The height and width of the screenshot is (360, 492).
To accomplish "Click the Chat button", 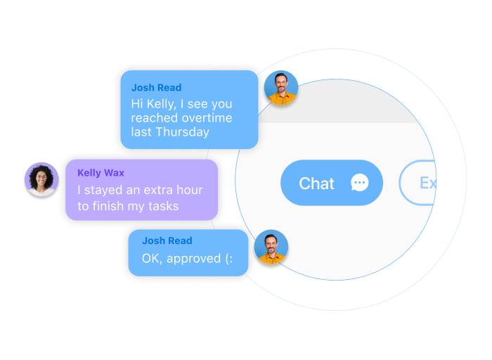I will pos(331,184).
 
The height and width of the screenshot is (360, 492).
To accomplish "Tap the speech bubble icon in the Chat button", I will pos(359,184).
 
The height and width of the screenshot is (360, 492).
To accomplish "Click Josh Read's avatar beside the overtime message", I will pos(280,89).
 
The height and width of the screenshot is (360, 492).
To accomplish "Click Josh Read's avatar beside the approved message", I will pos(271,247).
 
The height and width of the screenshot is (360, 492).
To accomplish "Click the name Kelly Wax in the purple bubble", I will pos(101,173).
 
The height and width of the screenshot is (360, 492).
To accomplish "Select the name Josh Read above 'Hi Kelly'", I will pos(156,88).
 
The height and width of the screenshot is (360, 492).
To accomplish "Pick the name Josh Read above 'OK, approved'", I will pos(167,240).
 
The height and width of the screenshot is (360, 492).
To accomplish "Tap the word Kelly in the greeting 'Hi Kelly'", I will pos(162,104).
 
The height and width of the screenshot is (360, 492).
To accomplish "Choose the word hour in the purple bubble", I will pos(189,191).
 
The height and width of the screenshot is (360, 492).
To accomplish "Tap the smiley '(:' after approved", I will pos(230,258).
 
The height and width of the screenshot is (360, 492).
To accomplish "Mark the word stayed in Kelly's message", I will pos(105,191).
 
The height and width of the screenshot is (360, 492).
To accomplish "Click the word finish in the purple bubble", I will pos(110,206).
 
